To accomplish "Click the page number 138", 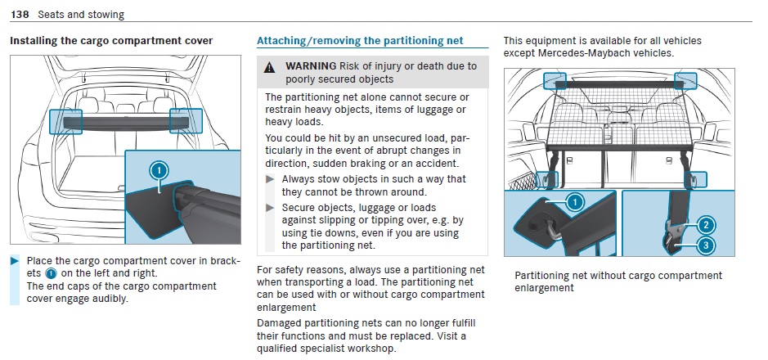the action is pos(20,15).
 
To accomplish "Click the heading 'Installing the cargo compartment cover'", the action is pos(111,41).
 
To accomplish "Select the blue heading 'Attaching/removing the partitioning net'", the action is pos(360,41).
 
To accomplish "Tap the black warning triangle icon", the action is pos(269,68).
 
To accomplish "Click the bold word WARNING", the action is pos(311,65).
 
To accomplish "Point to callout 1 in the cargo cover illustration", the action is pos(159,171).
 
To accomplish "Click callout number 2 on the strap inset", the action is pos(706,225).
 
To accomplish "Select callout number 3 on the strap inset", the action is pos(706,245).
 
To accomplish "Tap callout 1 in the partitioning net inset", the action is pos(575,201).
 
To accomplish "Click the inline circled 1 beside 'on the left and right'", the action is pos(51,274).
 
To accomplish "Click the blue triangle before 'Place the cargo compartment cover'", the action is pos(14,260).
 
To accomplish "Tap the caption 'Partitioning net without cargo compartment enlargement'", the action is pos(618,281).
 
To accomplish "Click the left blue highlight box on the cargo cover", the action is pos(65,121).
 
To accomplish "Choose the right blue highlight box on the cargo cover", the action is pos(186,121).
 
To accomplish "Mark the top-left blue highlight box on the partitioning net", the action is pos(555,81).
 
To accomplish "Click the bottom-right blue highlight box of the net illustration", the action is pos(695,180).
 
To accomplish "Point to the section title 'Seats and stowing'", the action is pos(81,15).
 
